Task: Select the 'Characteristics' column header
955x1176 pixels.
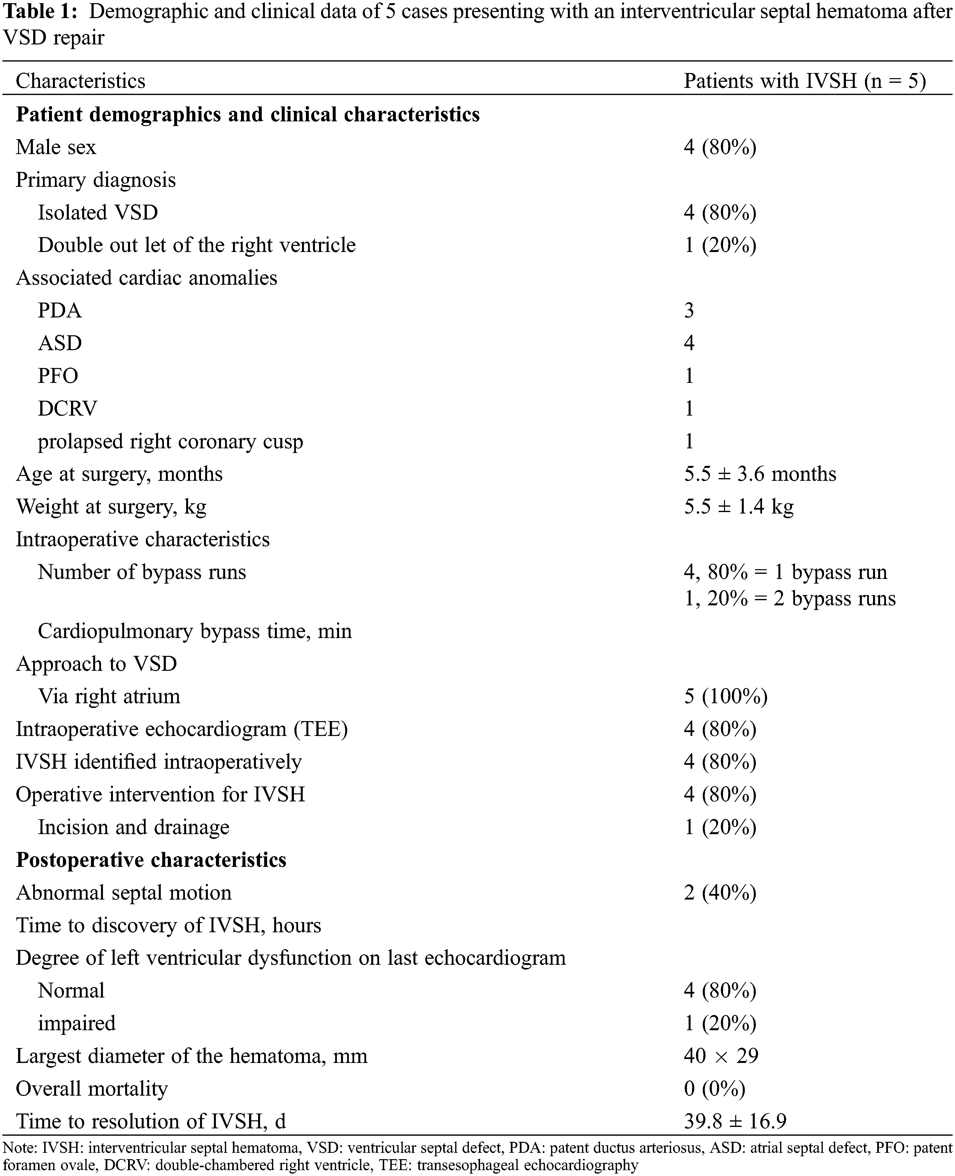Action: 80,82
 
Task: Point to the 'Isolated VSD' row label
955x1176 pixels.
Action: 97,212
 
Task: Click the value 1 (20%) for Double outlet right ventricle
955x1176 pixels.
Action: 720,246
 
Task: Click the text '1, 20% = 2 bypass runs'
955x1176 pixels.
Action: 789,599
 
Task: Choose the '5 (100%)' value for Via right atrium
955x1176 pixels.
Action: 725,697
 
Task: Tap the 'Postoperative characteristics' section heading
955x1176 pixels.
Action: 151,860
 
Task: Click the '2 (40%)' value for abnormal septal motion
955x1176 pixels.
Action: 720,893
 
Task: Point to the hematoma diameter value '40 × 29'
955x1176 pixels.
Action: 721,1056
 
